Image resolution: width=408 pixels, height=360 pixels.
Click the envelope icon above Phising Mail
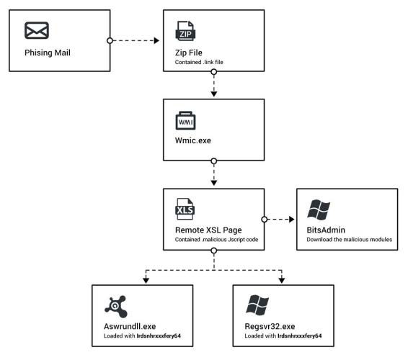pyautogui.click(x=37, y=30)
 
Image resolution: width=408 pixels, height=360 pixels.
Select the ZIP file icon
pyautogui.click(x=185, y=31)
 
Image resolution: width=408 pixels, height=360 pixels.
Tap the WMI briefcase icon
pyautogui.click(x=185, y=120)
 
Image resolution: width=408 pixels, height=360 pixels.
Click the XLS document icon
pyautogui.click(x=185, y=209)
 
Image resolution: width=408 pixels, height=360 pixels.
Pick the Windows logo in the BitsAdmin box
pyautogui.click(x=319, y=210)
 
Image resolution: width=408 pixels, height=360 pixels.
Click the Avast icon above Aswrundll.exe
pyautogui.click(x=116, y=307)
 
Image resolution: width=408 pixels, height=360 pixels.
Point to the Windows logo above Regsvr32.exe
pyautogui.click(x=257, y=305)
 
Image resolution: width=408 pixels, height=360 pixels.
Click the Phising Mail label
pyautogui.click(x=48, y=53)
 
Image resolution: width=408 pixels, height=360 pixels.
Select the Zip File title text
pyautogui.click(x=189, y=53)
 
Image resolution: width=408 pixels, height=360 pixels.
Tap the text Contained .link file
pyautogui.click(x=199, y=62)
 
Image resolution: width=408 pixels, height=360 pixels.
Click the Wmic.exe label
pyautogui.click(x=193, y=140)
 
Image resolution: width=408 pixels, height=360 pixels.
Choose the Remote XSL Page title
pyautogui.click(x=208, y=230)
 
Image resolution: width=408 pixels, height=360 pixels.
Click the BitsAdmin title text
pyautogui.click(x=326, y=230)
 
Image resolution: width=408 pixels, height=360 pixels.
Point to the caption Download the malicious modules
pyautogui.click(x=349, y=239)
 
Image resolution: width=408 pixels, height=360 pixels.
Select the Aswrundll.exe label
pyautogui.click(x=130, y=326)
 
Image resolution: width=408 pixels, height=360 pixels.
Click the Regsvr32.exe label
pyautogui.click(x=270, y=326)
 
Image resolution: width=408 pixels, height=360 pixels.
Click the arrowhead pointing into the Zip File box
pyautogui.click(x=156, y=40)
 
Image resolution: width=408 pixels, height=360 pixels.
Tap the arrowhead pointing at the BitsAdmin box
pyautogui.click(x=292, y=220)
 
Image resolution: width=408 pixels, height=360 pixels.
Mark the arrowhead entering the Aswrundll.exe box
pyautogui.click(x=146, y=281)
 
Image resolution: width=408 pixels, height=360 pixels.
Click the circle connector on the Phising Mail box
pyautogui.click(x=110, y=40)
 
